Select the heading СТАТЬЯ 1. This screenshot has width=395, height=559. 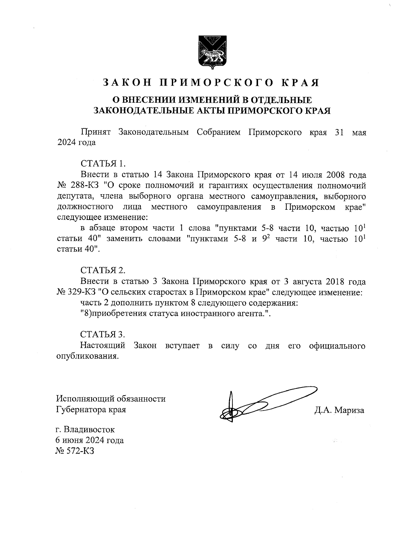point(103,164)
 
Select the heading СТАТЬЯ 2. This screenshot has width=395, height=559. point(103,270)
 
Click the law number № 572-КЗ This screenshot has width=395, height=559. point(75,451)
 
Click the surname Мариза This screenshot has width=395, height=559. point(350,410)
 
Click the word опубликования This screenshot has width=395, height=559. point(87,357)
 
